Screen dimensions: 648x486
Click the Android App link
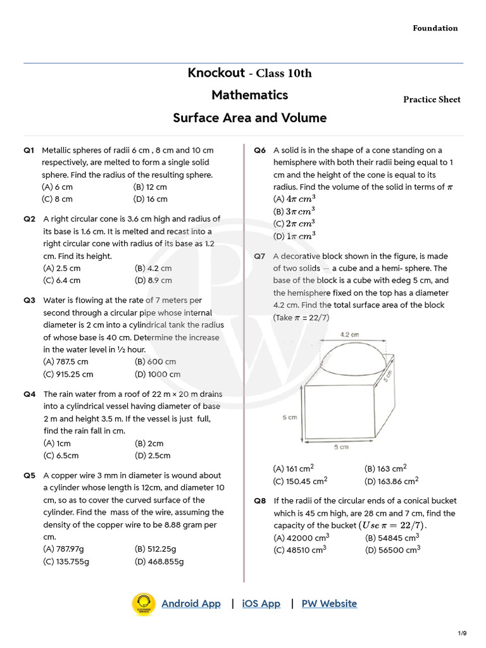[191, 604]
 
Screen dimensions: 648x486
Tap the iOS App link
[261, 604]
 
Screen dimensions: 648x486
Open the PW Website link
[329, 604]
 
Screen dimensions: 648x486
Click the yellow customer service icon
[144, 604]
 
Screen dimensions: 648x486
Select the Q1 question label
[30, 151]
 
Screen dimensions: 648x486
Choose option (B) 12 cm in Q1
[150, 187]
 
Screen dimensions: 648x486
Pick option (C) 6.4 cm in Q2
[61, 280]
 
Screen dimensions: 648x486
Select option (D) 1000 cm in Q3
[157, 374]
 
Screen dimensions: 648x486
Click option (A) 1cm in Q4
[56, 444]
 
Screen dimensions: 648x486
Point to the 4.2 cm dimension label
[349, 334]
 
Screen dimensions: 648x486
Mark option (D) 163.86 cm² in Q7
[391, 481]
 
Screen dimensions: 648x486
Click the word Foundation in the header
[435, 28]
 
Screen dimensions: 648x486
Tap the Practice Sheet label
[432, 100]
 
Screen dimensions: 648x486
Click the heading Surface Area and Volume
[250, 118]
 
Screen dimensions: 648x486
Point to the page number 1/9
[462, 633]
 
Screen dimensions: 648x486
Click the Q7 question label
[259, 256]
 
